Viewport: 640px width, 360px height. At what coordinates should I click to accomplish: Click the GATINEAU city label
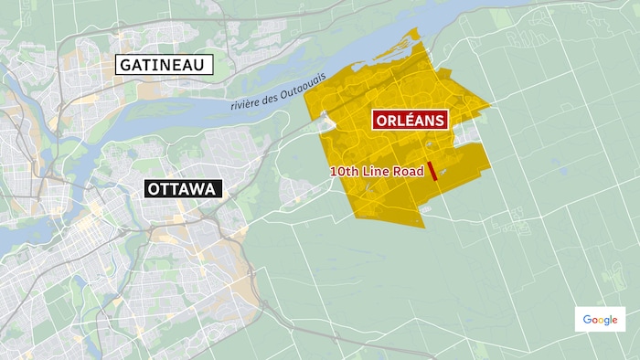pyautogui.click(x=163, y=65)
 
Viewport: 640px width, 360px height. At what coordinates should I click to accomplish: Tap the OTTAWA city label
pyautogui.click(x=183, y=190)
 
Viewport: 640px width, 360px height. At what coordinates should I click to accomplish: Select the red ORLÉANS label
pyautogui.click(x=408, y=121)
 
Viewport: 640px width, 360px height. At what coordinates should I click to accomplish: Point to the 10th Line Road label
pyautogui.click(x=376, y=171)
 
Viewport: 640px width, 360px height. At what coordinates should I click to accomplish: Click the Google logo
pyautogui.click(x=601, y=320)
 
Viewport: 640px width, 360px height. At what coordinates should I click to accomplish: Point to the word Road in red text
pyautogui.click(x=407, y=171)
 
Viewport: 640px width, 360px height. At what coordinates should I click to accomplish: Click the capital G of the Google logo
pyautogui.click(x=587, y=320)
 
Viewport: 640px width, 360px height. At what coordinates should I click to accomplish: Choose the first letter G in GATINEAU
pyautogui.click(x=123, y=65)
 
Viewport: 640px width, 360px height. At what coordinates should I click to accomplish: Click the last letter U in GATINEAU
pyautogui.click(x=203, y=65)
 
